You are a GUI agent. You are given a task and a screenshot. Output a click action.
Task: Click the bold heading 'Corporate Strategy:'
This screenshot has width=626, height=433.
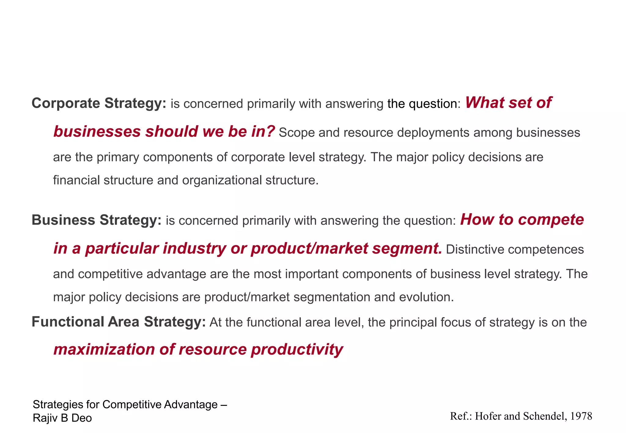[99, 103]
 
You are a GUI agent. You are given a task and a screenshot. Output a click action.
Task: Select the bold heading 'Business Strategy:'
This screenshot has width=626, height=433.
[97, 220]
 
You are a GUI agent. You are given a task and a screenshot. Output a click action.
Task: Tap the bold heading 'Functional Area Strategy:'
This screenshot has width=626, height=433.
[119, 322]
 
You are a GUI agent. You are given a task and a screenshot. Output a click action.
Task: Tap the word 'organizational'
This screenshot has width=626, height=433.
[222, 180]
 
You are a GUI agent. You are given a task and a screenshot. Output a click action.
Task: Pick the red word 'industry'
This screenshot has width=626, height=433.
[194, 248]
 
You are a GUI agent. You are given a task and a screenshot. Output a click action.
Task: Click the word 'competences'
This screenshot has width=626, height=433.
[546, 249]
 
